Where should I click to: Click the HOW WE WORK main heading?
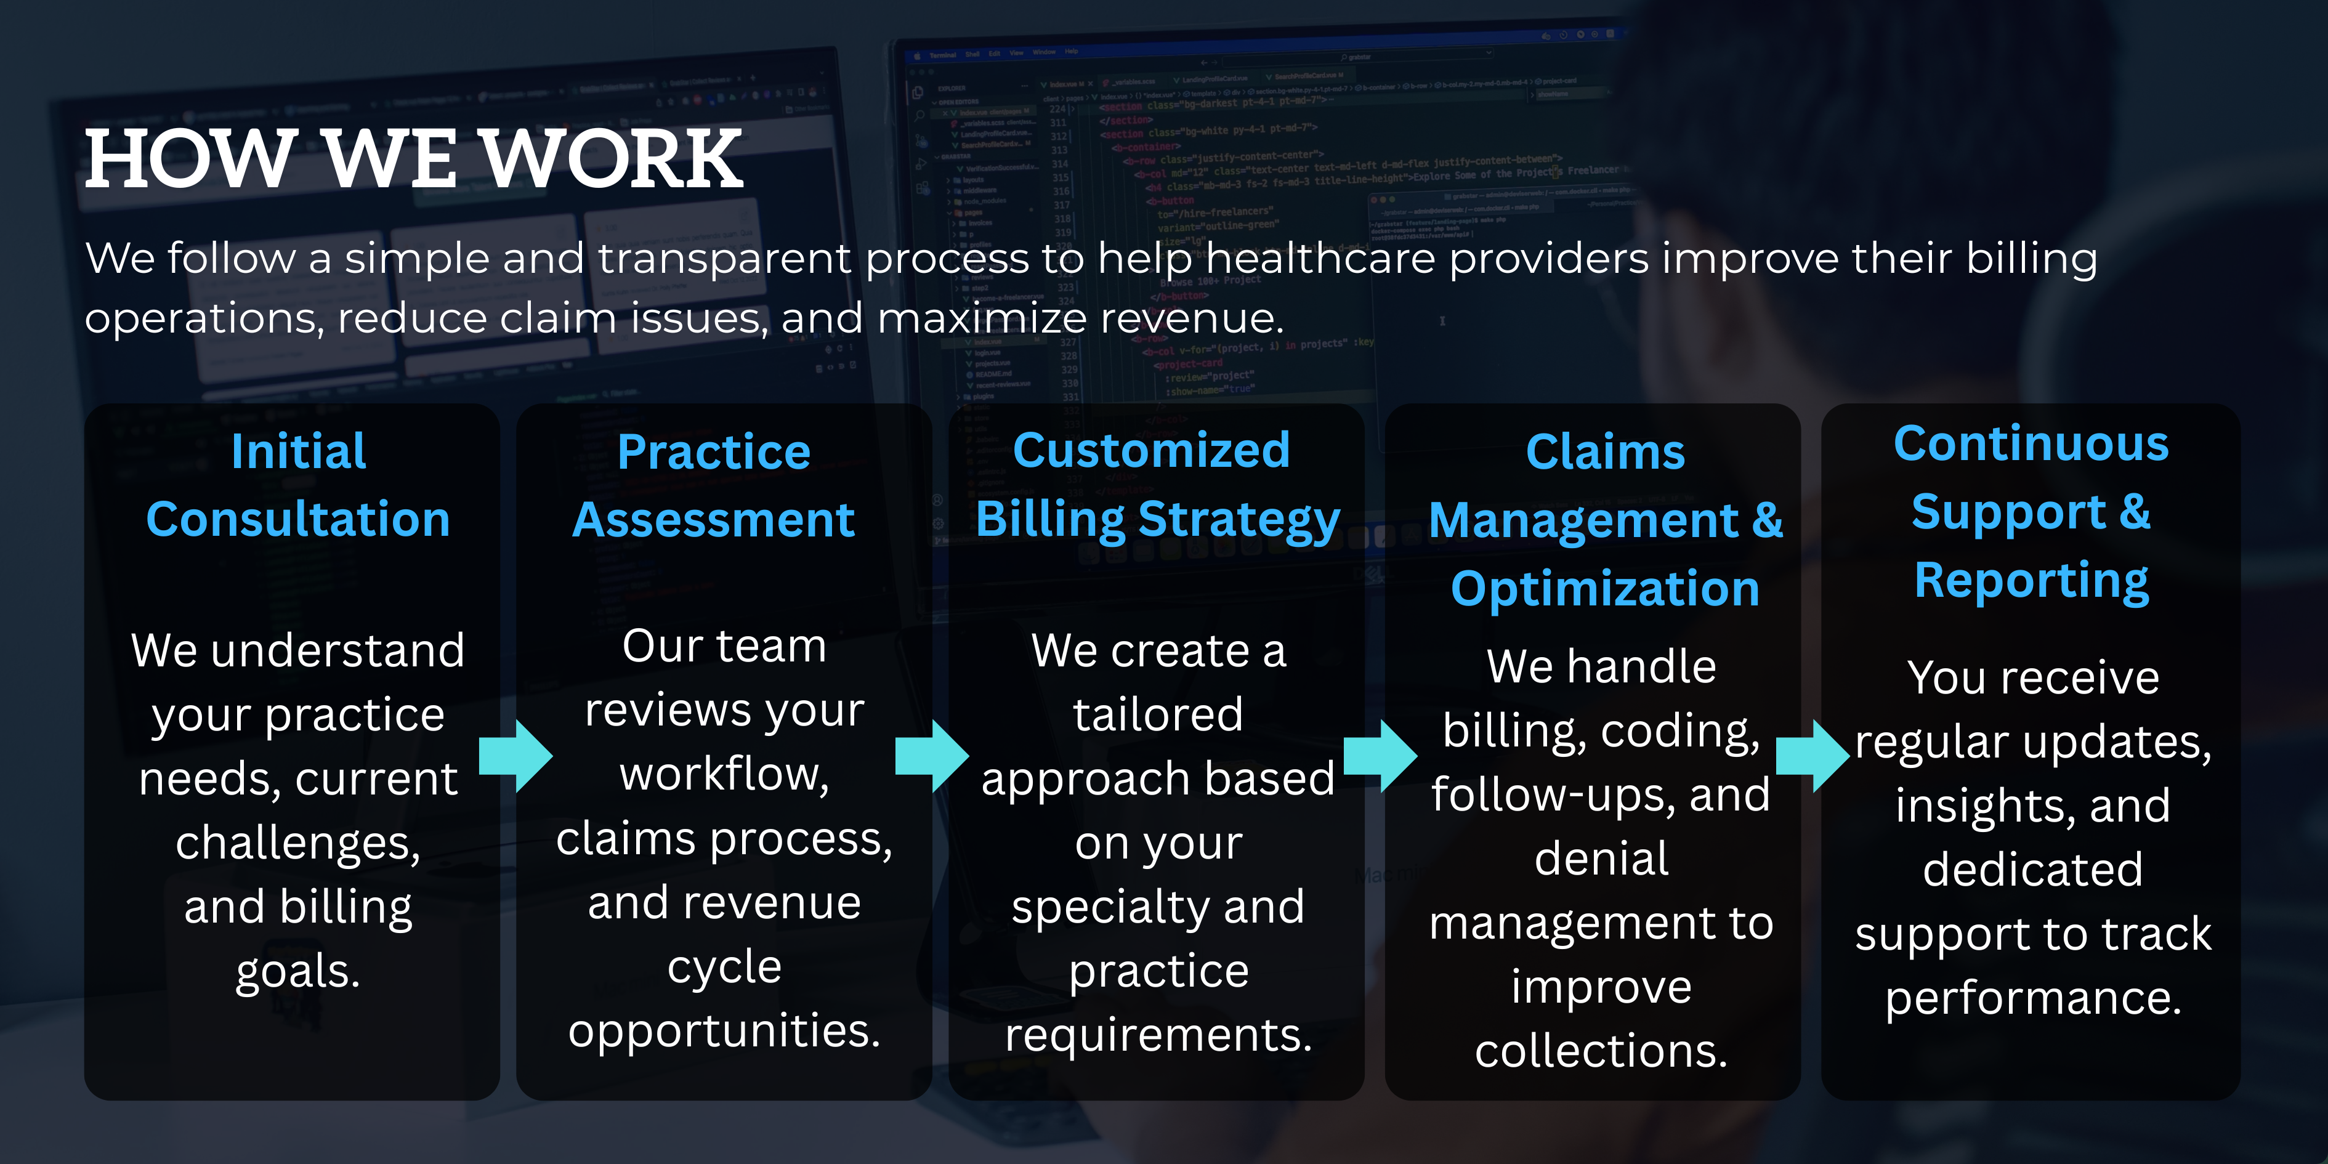[x=414, y=159]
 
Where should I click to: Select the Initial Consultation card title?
[x=298, y=485]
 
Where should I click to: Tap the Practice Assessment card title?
[x=714, y=485]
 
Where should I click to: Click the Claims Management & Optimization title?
[x=1605, y=520]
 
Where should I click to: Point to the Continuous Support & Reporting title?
[x=2032, y=513]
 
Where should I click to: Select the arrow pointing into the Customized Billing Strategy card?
[x=932, y=756]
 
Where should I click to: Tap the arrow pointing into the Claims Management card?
[x=1380, y=756]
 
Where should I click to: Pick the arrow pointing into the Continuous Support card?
[x=1813, y=756]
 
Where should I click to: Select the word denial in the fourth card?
[x=1601, y=858]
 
